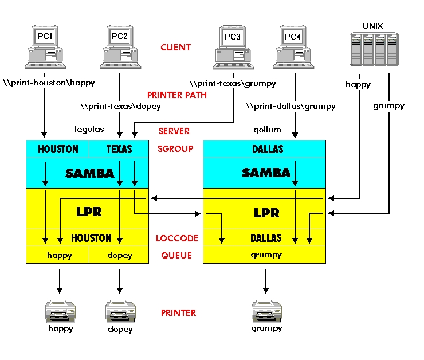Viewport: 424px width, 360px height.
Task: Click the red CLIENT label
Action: (x=176, y=48)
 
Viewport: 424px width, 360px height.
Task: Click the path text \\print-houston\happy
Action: (x=49, y=83)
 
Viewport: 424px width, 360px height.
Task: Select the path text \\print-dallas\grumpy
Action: (x=290, y=106)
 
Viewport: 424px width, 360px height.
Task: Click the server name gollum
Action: (x=267, y=130)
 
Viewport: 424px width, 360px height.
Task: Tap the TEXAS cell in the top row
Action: (x=119, y=149)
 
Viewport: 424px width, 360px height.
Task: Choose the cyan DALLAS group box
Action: (x=265, y=149)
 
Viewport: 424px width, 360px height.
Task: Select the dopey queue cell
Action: (x=119, y=255)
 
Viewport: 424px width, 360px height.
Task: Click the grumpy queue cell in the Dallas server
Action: (x=265, y=255)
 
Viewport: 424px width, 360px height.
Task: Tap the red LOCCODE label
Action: (x=176, y=238)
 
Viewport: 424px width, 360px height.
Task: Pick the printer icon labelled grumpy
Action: (x=265, y=311)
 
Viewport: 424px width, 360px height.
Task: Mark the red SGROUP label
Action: (x=176, y=149)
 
